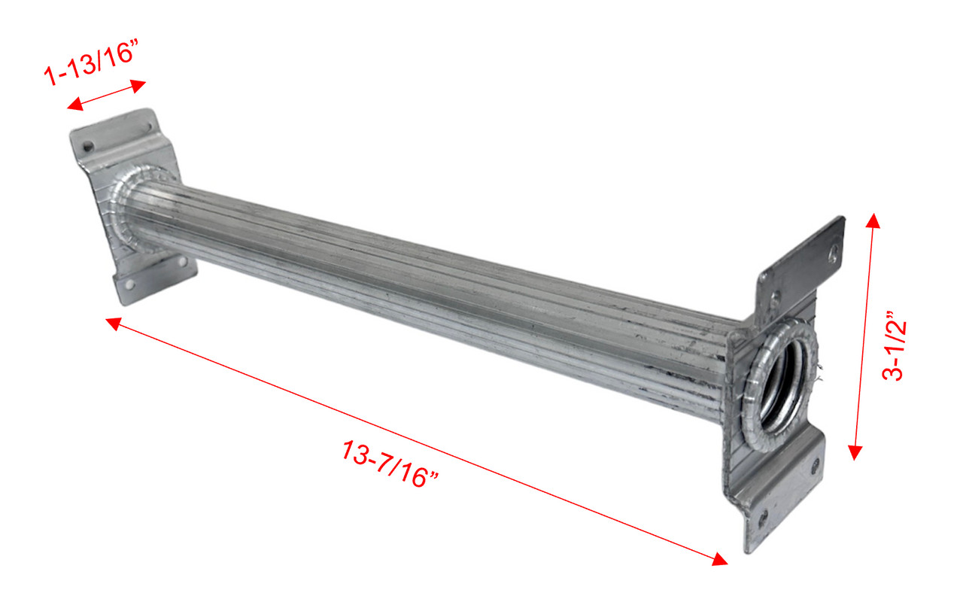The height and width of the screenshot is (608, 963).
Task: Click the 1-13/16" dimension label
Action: (91, 62)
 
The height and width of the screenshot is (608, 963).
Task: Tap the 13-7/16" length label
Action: (390, 464)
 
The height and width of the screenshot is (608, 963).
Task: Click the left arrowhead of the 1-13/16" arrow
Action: (74, 104)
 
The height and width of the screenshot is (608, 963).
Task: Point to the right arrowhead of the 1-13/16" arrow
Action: (138, 86)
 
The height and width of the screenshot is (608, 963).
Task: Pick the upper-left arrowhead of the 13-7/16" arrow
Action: (113, 324)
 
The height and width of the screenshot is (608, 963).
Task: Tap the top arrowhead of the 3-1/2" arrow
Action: (873, 220)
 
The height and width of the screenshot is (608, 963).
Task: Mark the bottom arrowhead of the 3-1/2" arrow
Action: (855, 452)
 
